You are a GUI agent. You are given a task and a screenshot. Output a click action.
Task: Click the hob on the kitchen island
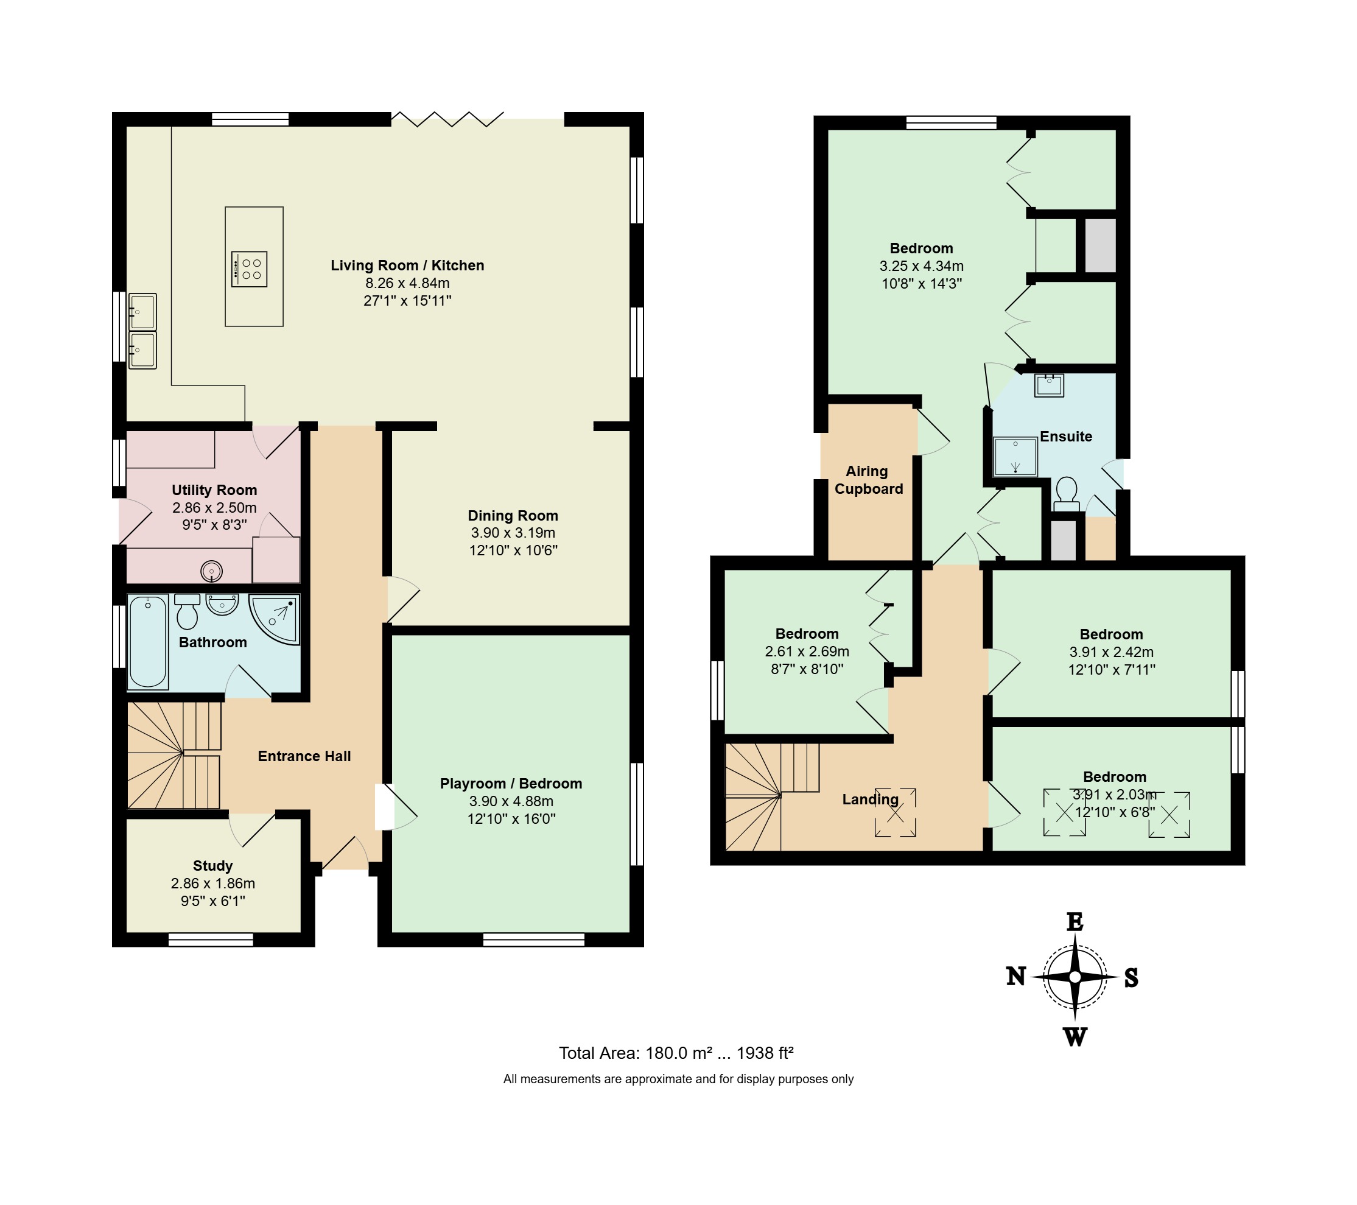(249, 269)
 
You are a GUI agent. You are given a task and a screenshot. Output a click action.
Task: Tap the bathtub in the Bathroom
(147, 642)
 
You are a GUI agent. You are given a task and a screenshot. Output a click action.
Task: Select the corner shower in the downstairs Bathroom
(274, 619)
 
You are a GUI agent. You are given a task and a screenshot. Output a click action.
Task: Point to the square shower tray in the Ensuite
(1015, 457)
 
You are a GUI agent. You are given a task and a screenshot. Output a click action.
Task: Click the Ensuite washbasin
(1049, 385)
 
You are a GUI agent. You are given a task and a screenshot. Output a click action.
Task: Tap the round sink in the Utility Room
(212, 571)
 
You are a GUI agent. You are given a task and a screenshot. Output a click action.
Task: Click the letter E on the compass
(1075, 921)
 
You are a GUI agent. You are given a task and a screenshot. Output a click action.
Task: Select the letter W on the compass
(1076, 1037)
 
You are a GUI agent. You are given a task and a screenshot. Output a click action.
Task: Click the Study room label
(212, 866)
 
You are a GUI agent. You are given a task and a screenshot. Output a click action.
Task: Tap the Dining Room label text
(513, 516)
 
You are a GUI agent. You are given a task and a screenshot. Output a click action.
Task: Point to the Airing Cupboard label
(868, 480)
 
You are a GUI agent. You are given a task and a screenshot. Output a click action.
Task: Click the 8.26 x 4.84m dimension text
(407, 283)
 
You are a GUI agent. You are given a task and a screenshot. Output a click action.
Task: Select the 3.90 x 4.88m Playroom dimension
(511, 801)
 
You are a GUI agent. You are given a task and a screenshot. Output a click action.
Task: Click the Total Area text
(676, 1053)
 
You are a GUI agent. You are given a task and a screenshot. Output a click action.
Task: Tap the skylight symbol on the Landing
(895, 812)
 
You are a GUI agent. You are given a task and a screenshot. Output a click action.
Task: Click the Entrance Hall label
(304, 756)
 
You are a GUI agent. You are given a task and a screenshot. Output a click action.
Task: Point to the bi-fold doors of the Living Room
(447, 119)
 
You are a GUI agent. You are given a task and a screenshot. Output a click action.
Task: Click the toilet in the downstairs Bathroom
(188, 611)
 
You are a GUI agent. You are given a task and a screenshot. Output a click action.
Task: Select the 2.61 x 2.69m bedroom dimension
(807, 652)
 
